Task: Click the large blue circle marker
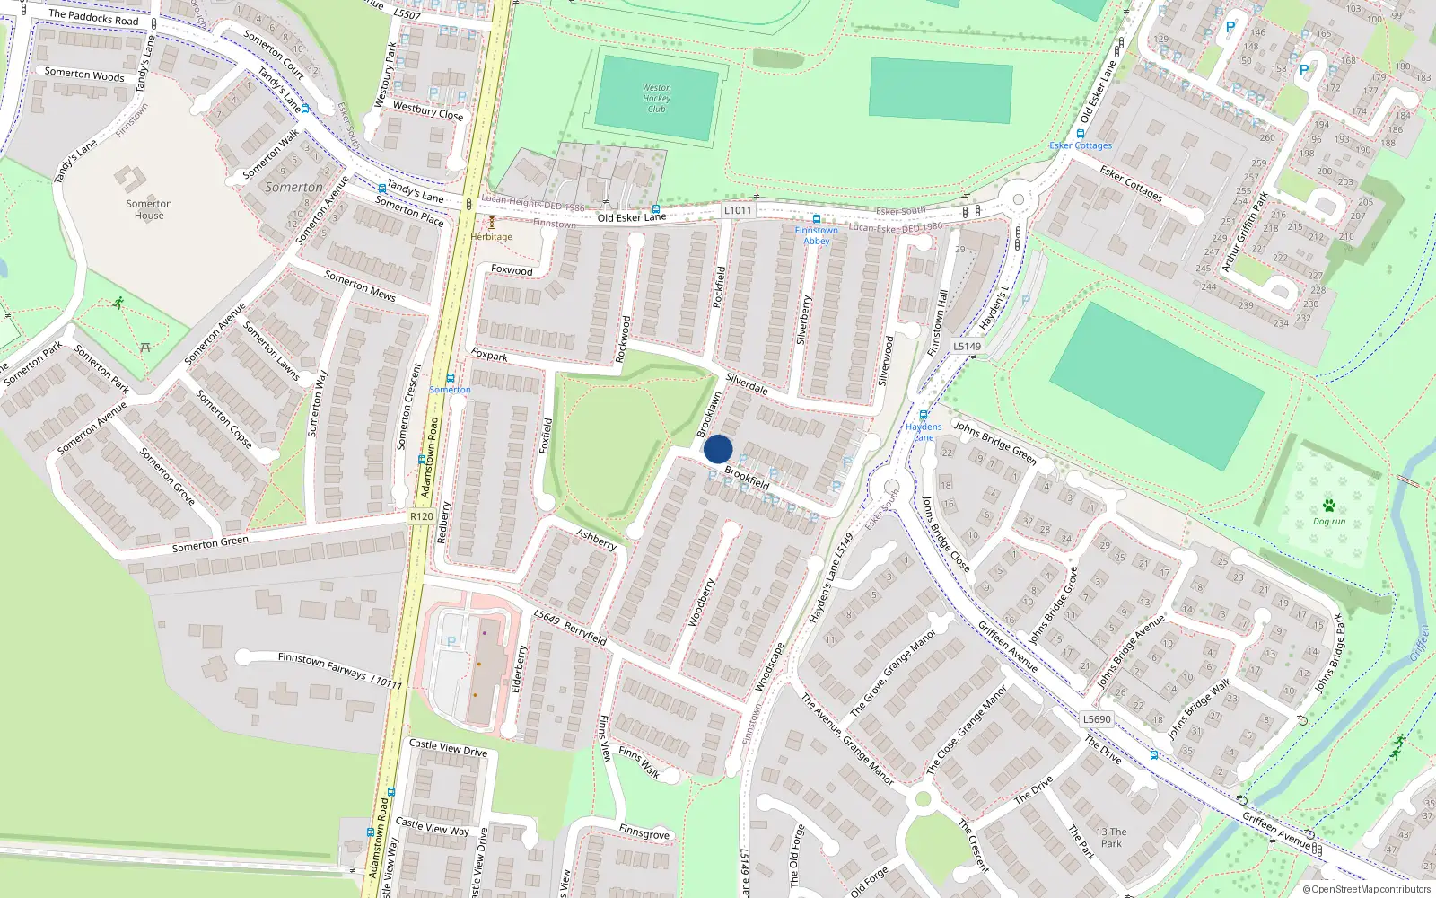[718, 449]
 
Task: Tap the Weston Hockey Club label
[656, 99]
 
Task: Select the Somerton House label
[149, 209]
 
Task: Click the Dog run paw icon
[1329, 506]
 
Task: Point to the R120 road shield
[421, 516]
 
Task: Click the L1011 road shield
[738, 210]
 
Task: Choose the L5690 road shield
[1096, 718]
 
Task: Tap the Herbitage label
[492, 237]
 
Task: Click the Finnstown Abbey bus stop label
[816, 235]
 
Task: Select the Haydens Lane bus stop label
[924, 432]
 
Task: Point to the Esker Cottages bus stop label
[1081, 145]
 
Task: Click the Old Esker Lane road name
[632, 217]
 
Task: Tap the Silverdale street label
[747, 383]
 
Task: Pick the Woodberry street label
[702, 602]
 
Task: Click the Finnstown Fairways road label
[322, 665]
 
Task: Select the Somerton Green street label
[210, 544]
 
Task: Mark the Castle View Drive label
[448, 747]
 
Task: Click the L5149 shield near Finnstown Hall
[967, 346]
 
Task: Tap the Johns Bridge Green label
[994, 442]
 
